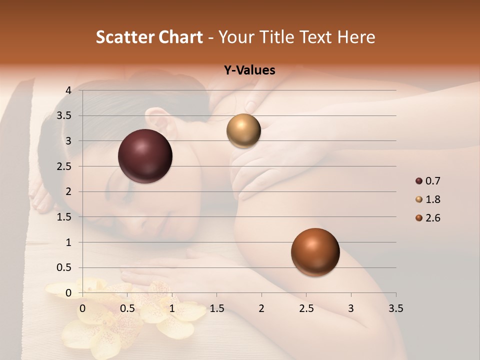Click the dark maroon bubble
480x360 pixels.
(x=145, y=156)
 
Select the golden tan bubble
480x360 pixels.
(x=243, y=131)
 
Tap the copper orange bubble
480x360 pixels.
(x=315, y=252)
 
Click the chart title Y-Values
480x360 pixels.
(x=249, y=70)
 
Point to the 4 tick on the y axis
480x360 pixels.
(x=68, y=90)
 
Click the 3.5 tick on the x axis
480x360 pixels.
(x=395, y=308)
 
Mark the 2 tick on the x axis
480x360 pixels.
(x=261, y=308)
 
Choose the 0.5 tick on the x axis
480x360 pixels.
(x=127, y=308)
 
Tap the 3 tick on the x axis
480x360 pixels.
(x=351, y=308)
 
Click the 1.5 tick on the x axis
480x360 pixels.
(x=216, y=308)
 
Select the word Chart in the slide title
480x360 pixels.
(x=178, y=37)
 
